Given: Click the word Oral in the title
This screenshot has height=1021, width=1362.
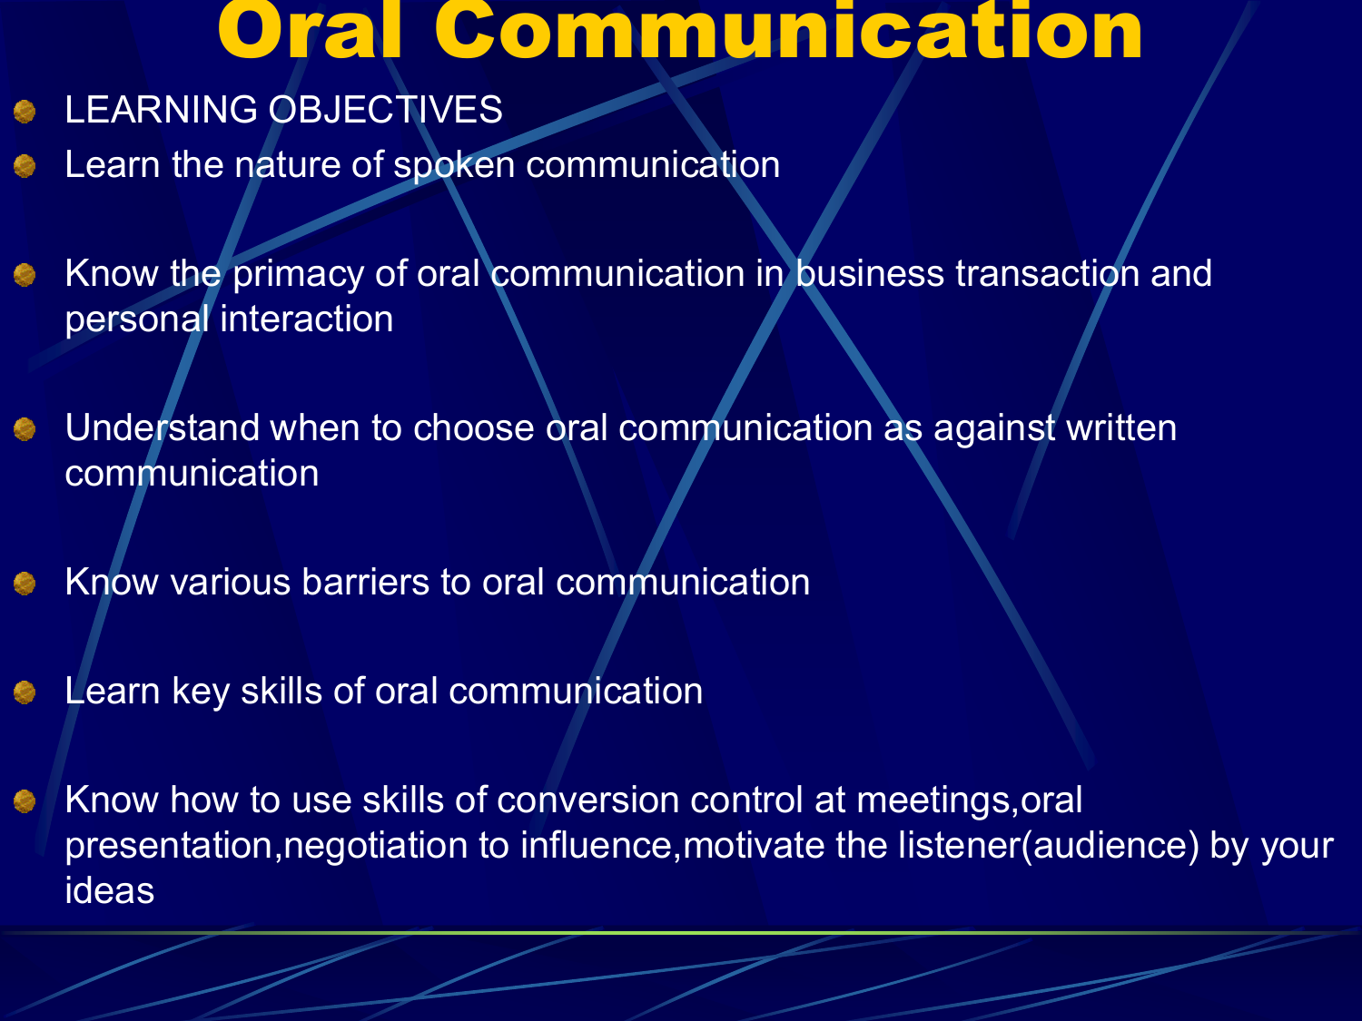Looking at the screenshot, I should pos(309,32).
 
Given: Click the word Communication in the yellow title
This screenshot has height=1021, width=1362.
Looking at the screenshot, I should pos(788,32).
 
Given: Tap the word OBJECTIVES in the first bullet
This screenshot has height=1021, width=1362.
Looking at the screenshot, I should pos(385,111).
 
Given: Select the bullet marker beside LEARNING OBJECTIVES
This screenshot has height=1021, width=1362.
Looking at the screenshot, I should pos(25,112).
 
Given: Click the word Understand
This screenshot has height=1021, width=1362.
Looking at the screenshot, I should pos(163,428).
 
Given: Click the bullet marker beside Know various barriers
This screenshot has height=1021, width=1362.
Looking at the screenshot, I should pos(25,584).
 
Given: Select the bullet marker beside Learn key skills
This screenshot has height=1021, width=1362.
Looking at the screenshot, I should pos(25,692).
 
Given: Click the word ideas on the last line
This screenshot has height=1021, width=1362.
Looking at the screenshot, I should pos(110,891).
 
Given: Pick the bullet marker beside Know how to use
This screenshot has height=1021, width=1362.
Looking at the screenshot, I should pos(25,801).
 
